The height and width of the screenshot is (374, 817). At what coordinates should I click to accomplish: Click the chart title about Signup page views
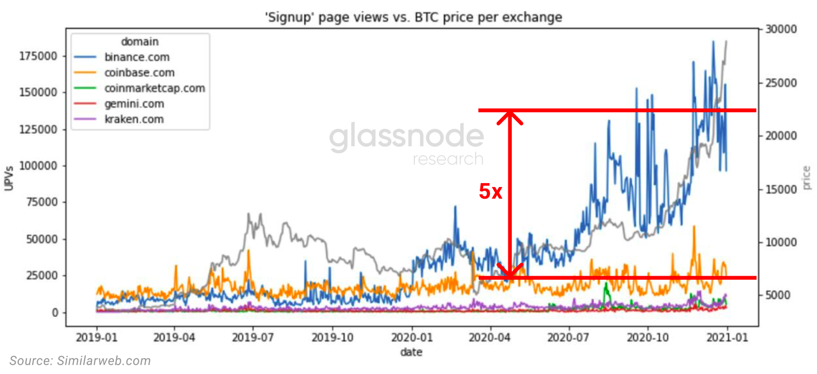coord(413,17)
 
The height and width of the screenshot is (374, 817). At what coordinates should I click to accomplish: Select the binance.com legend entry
coord(137,57)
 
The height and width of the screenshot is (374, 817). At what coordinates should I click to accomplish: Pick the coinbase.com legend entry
coord(139,72)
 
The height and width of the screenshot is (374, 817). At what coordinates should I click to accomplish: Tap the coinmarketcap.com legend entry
coord(154,88)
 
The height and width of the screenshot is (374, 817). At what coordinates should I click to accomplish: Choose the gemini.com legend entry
coord(134,104)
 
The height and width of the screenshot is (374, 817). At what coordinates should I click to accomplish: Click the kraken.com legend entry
coord(134,119)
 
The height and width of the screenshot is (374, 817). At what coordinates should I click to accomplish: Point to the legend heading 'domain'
coord(140,42)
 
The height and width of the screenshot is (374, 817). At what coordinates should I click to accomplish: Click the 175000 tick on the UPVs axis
coord(40,56)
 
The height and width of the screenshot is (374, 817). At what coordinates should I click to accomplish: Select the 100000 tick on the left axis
coord(40,166)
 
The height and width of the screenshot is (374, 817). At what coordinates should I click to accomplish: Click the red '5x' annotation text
coord(491,191)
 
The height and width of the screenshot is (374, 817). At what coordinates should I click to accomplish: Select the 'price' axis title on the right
coord(806,177)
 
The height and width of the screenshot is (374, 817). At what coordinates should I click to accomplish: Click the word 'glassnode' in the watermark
coord(406,138)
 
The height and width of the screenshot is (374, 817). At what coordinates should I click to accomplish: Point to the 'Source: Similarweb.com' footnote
coord(80,361)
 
